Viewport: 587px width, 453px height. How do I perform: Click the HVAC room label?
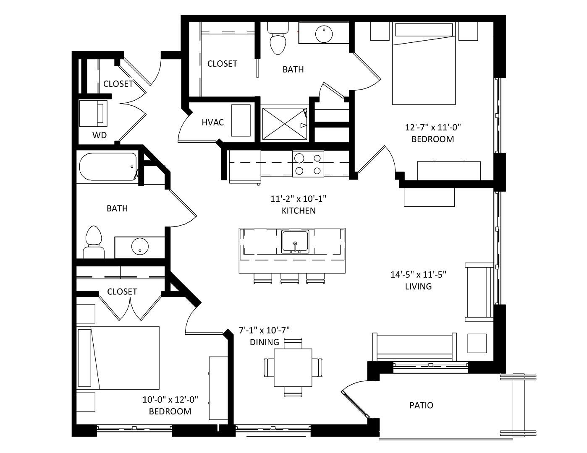(212, 122)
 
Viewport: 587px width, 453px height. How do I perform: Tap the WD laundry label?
(100, 135)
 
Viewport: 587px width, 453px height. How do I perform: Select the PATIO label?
(421, 405)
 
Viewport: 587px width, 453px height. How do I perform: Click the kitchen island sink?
(295, 242)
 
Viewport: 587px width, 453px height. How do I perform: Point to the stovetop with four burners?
(308, 164)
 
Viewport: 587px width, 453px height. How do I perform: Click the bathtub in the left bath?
(108, 167)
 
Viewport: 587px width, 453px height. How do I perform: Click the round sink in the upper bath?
(324, 34)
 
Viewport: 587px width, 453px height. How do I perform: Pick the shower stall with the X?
(284, 124)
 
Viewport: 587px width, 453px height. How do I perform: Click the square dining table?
(293, 368)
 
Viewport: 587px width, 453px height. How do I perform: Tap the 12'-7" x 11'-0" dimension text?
(432, 127)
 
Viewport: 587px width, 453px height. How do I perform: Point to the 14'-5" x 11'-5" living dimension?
(418, 274)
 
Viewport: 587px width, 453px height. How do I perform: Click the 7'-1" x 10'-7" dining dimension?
(264, 330)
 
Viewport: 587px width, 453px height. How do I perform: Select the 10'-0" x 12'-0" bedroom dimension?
(170, 399)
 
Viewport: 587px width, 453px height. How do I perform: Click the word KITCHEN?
(299, 211)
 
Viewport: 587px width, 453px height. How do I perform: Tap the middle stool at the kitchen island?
(290, 278)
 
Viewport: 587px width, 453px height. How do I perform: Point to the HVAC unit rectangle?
(241, 120)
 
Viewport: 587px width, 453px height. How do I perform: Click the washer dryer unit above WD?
(93, 113)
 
